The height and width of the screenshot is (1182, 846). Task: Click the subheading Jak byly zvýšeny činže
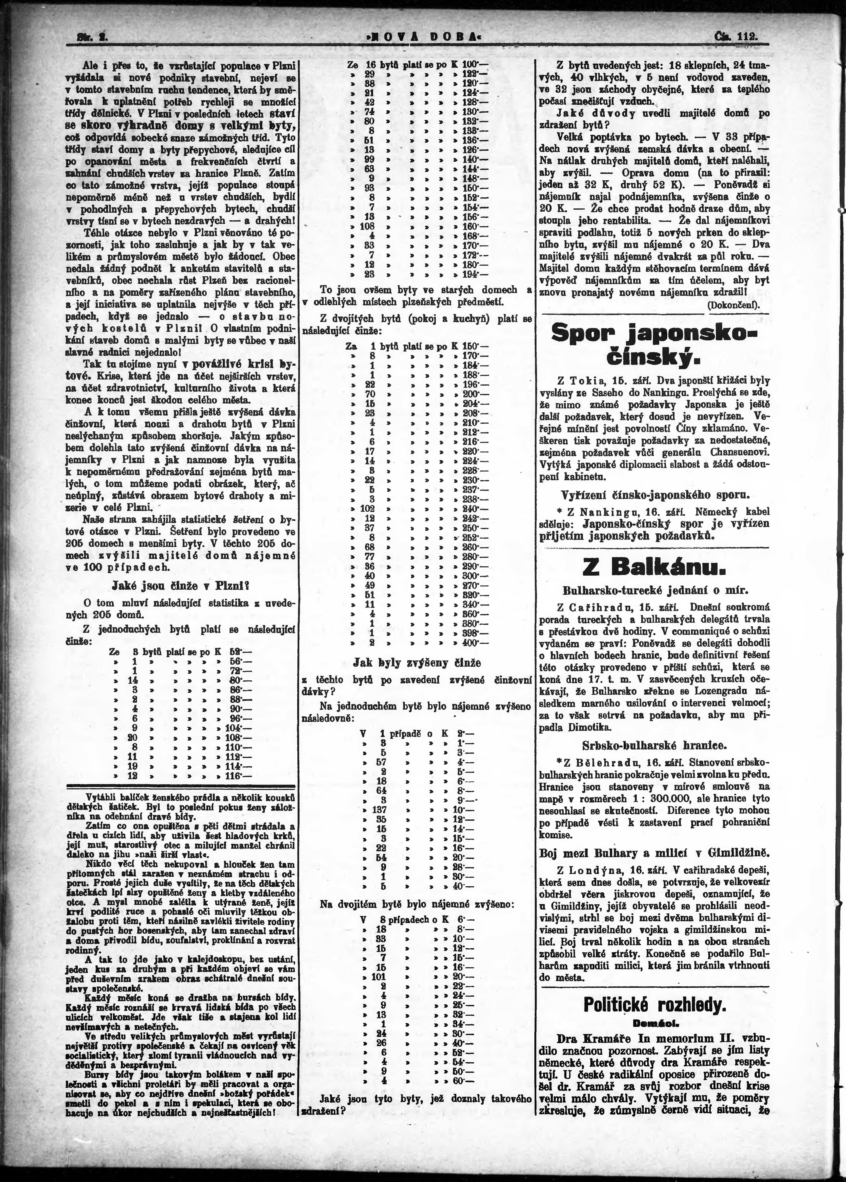417,663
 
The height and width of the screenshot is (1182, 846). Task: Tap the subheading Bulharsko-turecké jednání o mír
655,591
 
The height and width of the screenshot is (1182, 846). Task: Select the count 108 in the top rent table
368,226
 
